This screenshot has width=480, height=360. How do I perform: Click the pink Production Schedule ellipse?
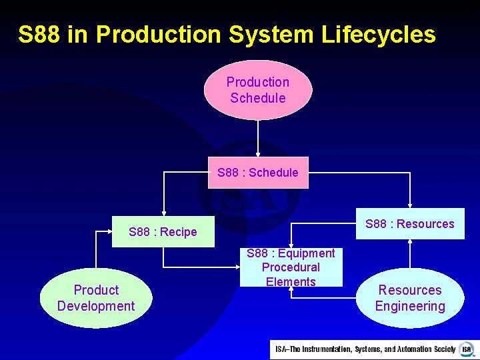[x=257, y=90]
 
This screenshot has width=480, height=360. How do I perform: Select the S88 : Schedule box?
[x=258, y=173]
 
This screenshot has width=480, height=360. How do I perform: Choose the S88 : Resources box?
[x=409, y=224]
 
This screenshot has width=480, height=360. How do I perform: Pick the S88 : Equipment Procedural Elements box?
[x=291, y=267]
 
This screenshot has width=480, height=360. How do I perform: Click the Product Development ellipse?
[x=96, y=298]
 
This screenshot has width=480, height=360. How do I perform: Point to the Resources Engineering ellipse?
[x=409, y=298]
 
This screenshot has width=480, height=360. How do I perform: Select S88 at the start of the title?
[x=39, y=35]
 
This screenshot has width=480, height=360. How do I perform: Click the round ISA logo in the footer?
[x=466, y=349]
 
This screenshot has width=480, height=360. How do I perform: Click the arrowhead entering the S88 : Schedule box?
[x=258, y=154]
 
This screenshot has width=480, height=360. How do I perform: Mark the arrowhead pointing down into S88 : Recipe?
[x=163, y=212]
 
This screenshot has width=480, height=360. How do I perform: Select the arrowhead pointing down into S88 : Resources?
[x=410, y=205]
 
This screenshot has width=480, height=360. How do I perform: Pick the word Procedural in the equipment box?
[x=291, y=267]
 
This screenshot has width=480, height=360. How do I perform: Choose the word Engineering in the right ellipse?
[x=409, y=307]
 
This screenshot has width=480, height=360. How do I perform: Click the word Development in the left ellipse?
[x=96, y=307]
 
